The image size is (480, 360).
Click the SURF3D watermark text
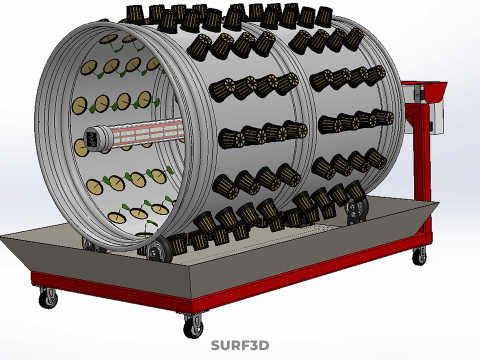coord(240,346)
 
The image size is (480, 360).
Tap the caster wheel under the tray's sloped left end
coord(48,298)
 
